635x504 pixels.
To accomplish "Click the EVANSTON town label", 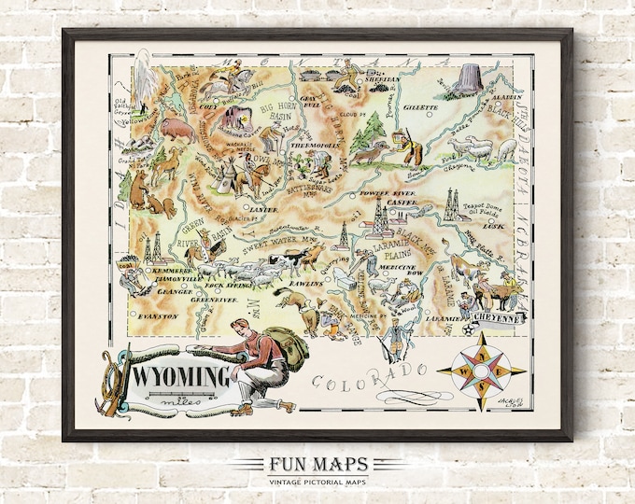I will point(156,317).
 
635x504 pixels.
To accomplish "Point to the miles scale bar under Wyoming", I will point(182,399).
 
